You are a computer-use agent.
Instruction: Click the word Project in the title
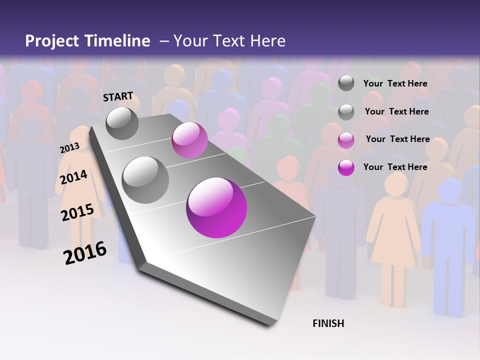pyautogui.click(x=51, y=41)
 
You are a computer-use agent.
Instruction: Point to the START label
pyautogui.click(x=118, y=96)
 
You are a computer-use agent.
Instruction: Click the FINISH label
pyautogui.click(x=328, y=323)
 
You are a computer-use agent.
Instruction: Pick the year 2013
pyautogui.click(x=69, y=148)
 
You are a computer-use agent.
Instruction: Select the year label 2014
pyautogui.click(x=74, y=177)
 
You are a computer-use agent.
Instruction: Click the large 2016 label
pyautogui.click(x=85, y=252)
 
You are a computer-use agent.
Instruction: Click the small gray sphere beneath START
pyautogui.click(x=122, y=123)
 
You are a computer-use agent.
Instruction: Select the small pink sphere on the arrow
pyautogui.click(x=189, y=140)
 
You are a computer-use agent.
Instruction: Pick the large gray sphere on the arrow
pyautogui.click(x=145, y=179)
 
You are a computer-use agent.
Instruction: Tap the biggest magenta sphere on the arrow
pyautogui.click(x=216, y=207)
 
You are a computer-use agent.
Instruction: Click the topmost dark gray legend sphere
pyautogui.click(x=346, y=83)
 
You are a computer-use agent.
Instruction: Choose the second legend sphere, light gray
pyautogui.click(x=346, y=111)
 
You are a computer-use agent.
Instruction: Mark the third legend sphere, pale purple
pyautogui.click(x=346, y=139)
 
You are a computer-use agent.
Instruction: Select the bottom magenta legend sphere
pyautogui.click(x=346, y=167)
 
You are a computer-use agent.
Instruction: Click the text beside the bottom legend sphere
pyautogui.click(x=395, y=167)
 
